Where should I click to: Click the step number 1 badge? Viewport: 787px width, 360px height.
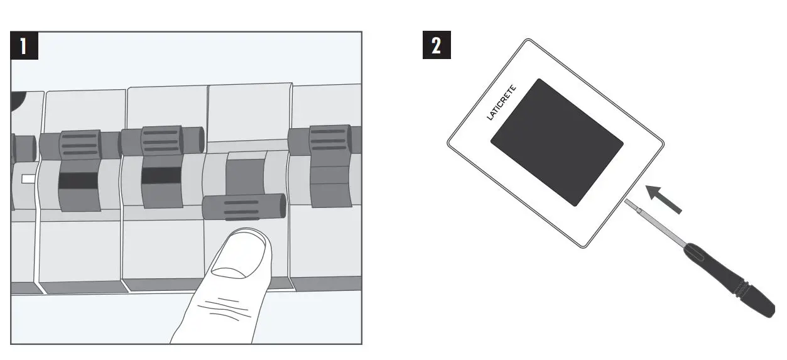[24, 46]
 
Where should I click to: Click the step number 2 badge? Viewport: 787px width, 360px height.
[437, 46]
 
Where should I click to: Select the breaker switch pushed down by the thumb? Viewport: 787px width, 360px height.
[244, 206]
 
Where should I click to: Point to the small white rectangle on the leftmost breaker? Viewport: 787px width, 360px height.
[28, 179]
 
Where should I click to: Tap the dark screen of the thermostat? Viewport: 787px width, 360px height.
[556, 141]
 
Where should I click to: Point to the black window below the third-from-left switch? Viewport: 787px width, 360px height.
[161, 175]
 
